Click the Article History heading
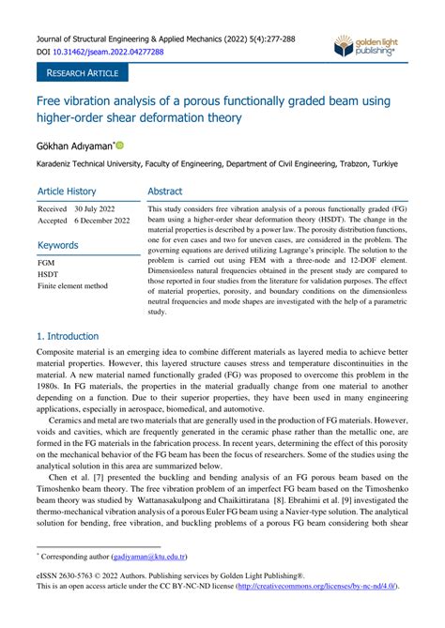(x=67, y=191)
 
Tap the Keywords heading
(x=58, y=245)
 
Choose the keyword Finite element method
(x=72, y=286)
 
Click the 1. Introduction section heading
(x=67, y=335)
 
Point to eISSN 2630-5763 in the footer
(x=70, y=573)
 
